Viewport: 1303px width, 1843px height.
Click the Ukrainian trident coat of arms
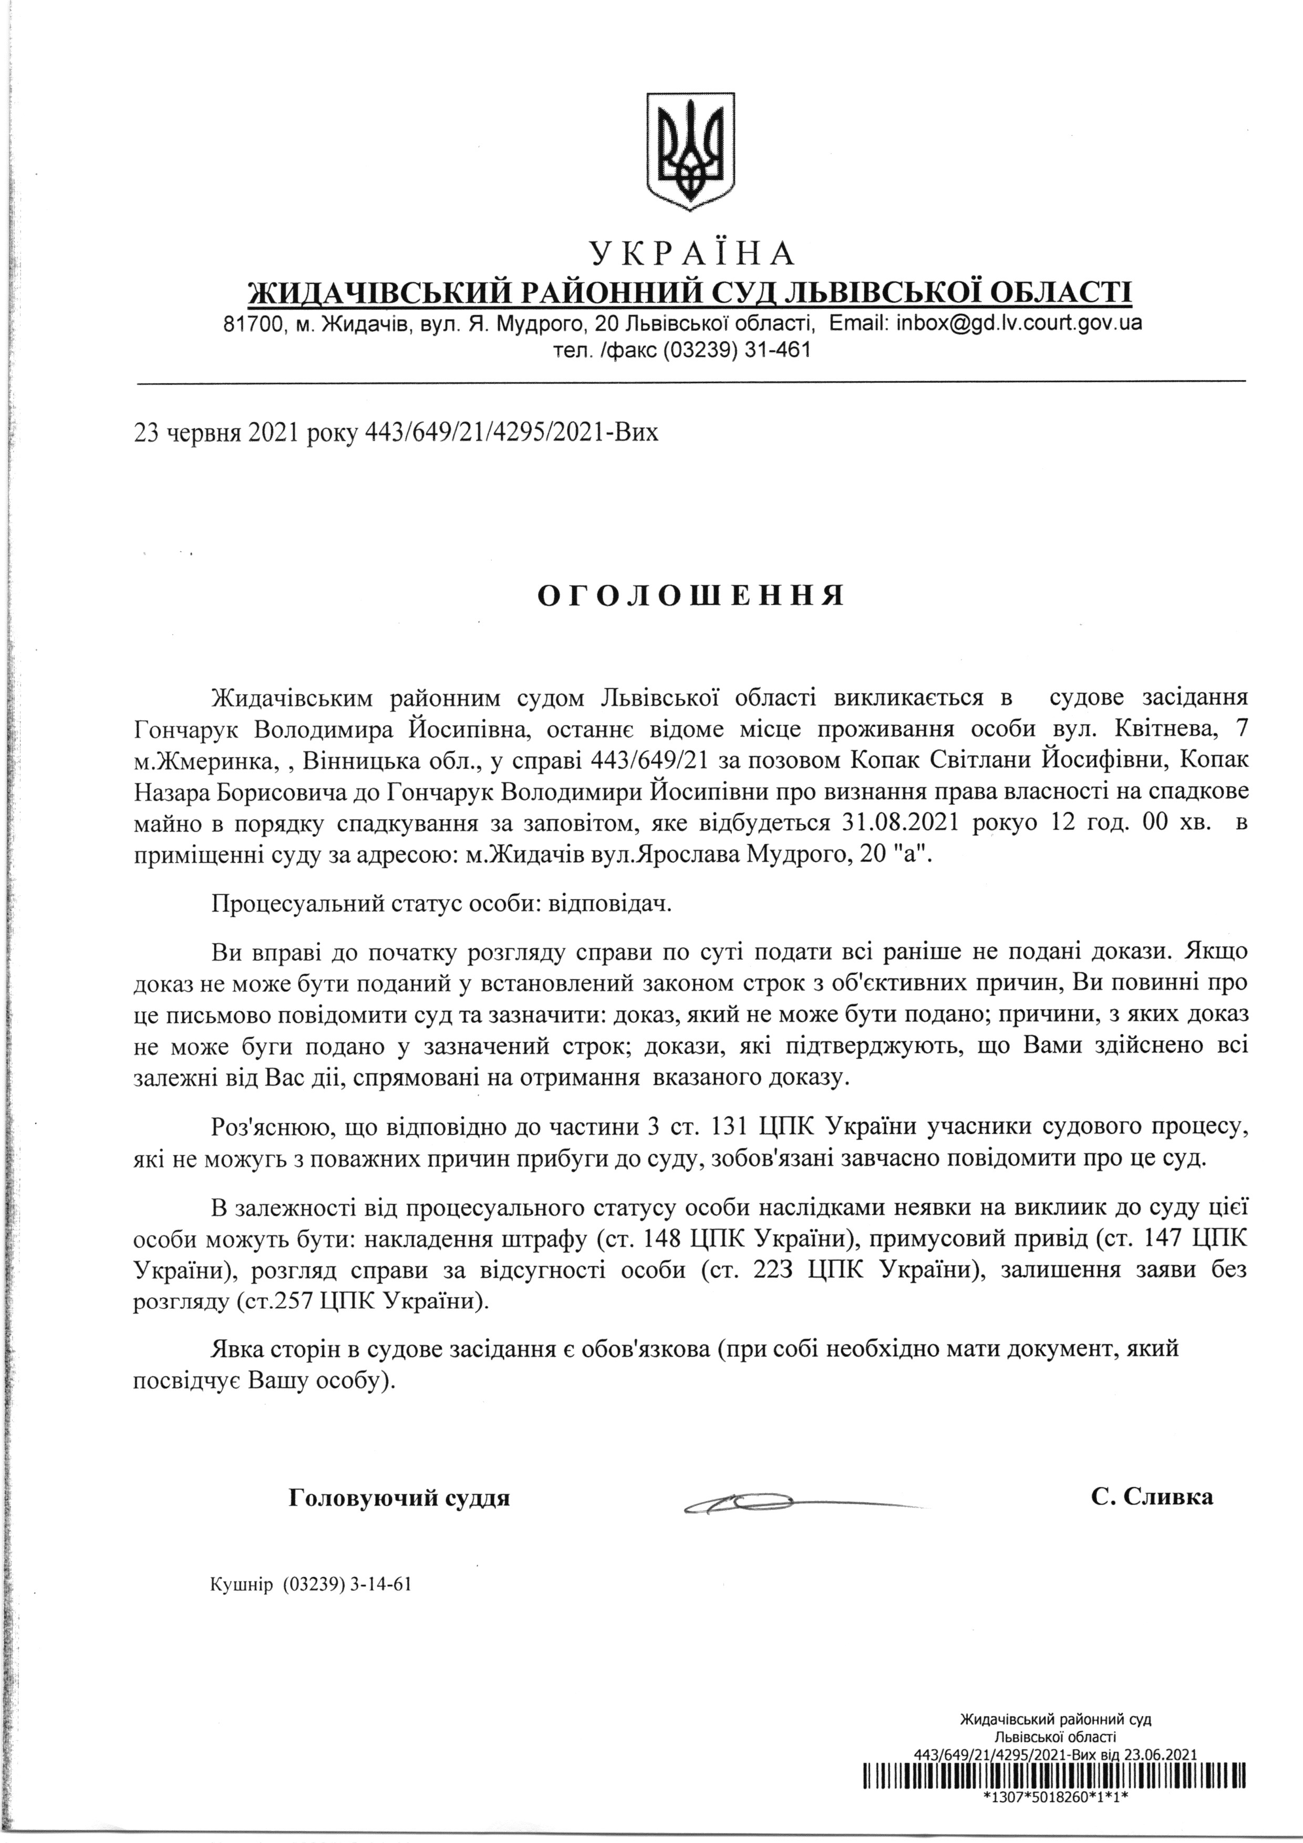[691, 152]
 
